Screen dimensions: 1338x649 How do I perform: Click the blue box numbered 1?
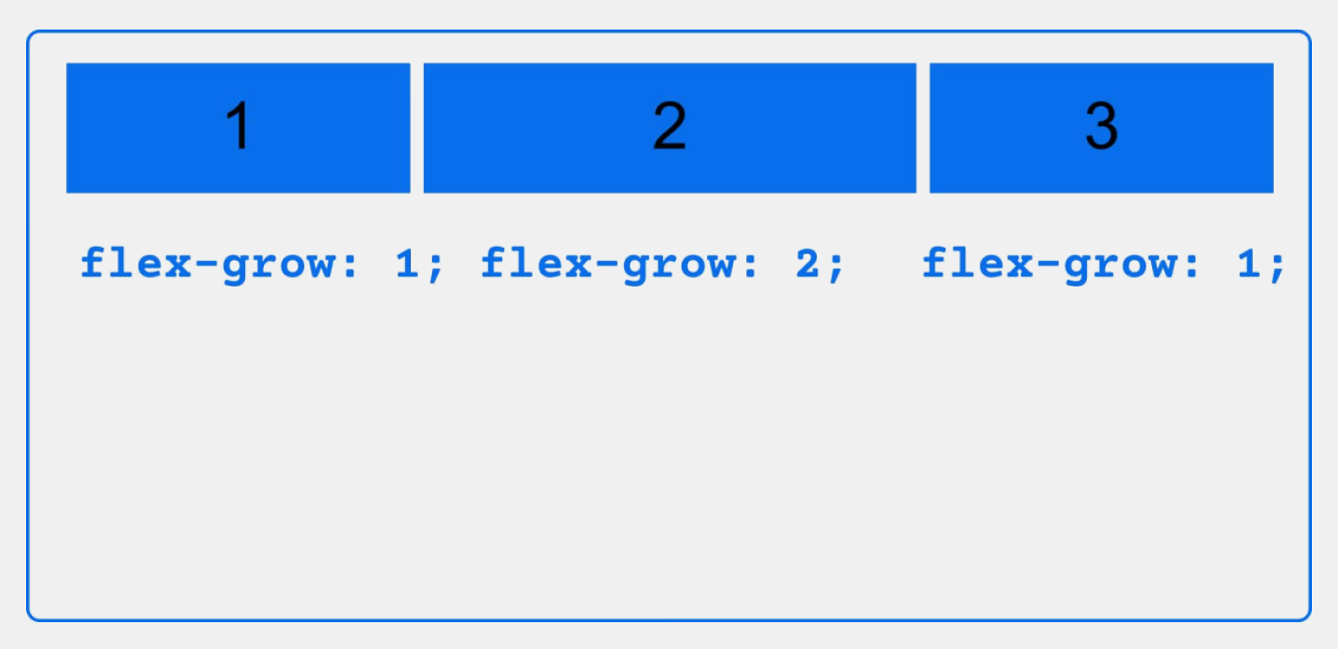pos(238,128)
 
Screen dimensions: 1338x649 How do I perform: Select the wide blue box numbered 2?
pos(670,128)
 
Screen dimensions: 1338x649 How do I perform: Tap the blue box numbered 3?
pos(1102,128)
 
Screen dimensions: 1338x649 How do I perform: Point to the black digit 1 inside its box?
pos(239,125)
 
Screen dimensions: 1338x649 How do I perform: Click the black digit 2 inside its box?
pos(670,125)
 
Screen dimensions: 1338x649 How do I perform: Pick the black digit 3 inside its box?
pos(1102,125)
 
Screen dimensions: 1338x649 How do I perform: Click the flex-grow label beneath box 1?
pos(262,264)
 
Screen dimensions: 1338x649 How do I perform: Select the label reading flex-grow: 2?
pos(663,264)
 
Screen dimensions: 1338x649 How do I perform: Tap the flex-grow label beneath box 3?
pos(1103,264)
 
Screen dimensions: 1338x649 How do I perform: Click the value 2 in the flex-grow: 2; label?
pos(807,263)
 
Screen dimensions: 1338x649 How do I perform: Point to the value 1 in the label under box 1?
pos(407,263)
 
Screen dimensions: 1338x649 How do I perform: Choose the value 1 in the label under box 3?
pos(1249,263)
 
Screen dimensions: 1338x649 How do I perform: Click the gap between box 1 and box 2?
pos(417,128)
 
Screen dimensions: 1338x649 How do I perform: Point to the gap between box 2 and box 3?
pos(923,128)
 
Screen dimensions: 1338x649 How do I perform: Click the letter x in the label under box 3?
pos(1020,266)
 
